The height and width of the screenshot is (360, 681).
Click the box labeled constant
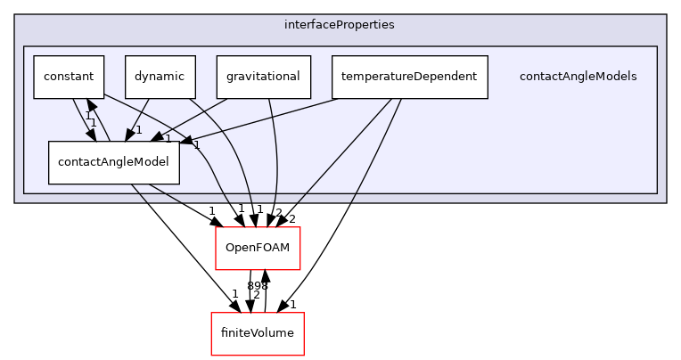pos(69,77)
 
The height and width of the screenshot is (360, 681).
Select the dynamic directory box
pos(160,77)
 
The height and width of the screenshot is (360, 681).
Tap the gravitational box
pos(263,77)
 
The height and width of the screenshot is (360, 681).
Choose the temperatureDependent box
pos(409,77)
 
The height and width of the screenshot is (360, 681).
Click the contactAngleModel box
pos(113,162)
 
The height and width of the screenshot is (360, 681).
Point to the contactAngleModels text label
pos(578,77)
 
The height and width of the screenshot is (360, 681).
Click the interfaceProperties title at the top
pos(340,24)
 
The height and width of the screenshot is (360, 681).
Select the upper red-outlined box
pos(258,249)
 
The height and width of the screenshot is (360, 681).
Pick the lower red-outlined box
pos(257,334)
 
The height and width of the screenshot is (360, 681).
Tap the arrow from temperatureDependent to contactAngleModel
pos(267,118)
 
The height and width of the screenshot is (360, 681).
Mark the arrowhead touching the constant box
pos(88,106)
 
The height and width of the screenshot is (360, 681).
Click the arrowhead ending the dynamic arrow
pos(130,135)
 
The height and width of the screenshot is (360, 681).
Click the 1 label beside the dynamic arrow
pos(139,130)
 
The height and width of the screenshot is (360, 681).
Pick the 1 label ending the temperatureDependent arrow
pos(196,144)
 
